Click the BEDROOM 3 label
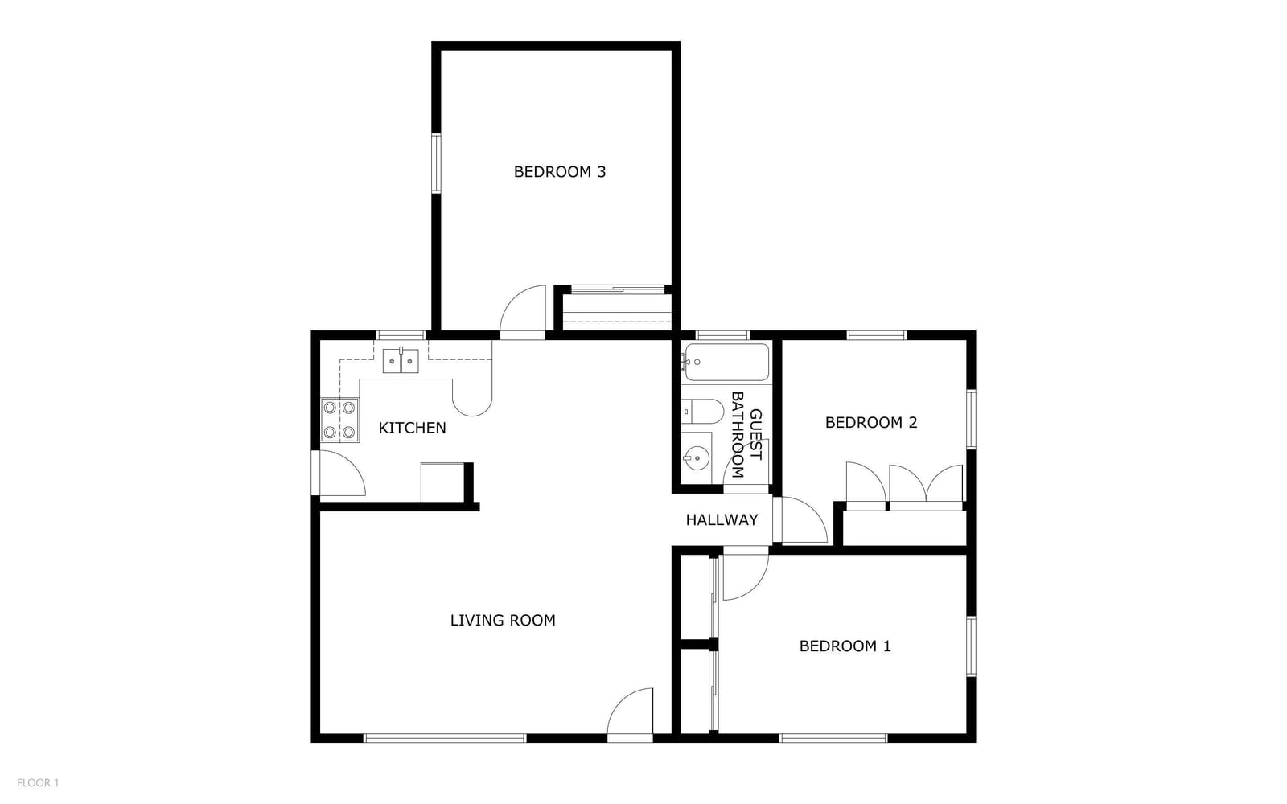[x=560, y=172]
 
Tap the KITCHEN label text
[x=412, y=428]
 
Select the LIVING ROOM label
[x=503, y=620]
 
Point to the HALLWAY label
[x=722, y=519]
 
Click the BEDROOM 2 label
[x=871, y=423]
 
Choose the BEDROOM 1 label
[x=845, y=646]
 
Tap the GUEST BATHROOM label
[x=746, y=435]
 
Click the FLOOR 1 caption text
[x=38, y=783]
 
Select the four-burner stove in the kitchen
[x=339, y=420]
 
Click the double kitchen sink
[x=401, y=361]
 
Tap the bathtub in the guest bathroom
[x=726, y=362]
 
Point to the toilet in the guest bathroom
[x=702, y=411]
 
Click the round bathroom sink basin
[x=697, y=458]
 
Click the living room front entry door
[x=631, y=714]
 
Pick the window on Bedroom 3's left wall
[x=436, y=164]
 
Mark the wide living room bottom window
[x=446, y=738]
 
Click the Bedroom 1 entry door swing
[x=746, y=574]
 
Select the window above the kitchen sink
[x=401, y=335]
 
